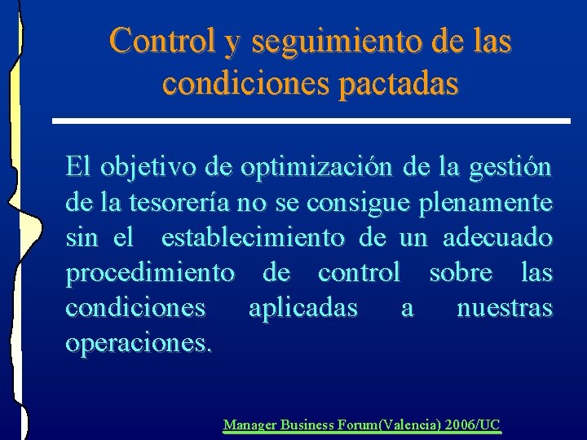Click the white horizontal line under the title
(310, 121)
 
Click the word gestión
(510, 169)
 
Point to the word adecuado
(498, 239)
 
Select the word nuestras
(504, 309)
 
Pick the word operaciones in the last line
(138, 343)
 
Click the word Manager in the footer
(249, 425)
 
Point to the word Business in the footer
(307, 425)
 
